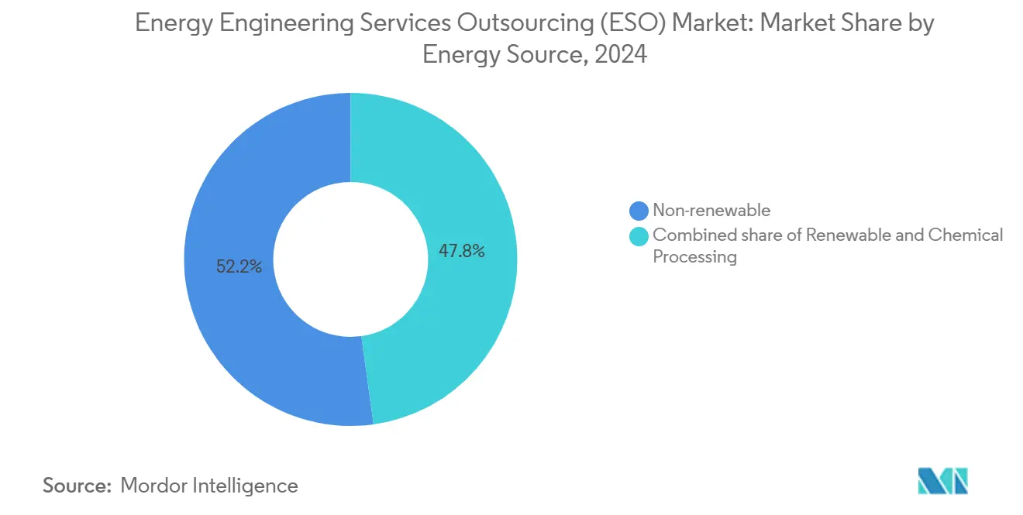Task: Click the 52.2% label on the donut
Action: pos(239,267)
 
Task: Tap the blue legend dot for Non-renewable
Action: pos(639,211)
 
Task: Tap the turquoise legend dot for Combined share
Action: pos(639,236)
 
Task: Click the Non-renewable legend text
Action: pos(711,210)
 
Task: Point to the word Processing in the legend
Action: pos(694,257)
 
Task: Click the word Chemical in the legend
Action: pos(966,235)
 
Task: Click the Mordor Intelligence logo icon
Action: pos(942,481)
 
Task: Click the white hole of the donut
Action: pos(350,259)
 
